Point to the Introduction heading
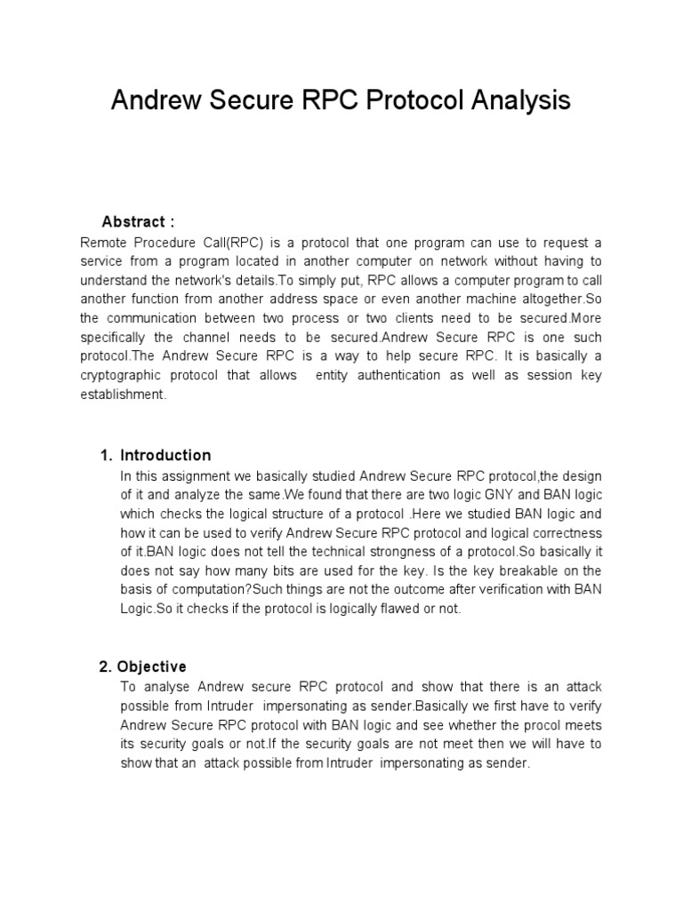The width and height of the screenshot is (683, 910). tap(165, 455)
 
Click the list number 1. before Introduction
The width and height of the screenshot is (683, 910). tap(106, 455)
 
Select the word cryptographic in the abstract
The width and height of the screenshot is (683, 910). tap(123, 376)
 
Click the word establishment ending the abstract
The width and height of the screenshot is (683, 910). tap(123, 395)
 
